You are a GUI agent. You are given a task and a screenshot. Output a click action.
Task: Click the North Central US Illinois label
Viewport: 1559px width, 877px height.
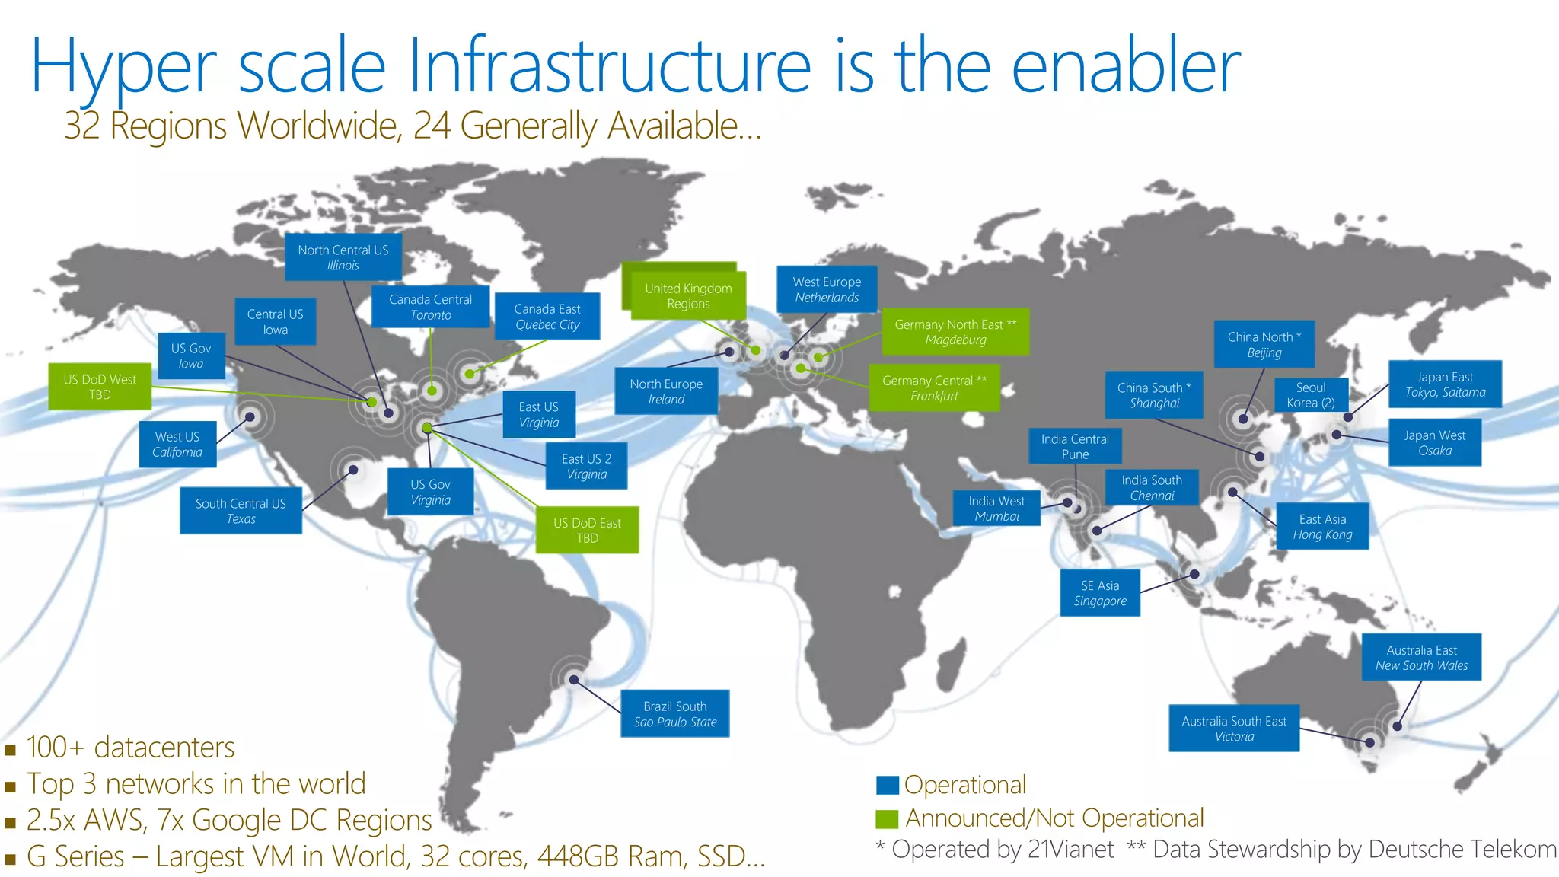[343, 257]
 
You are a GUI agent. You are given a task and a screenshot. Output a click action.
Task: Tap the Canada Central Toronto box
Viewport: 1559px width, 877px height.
[430, 307]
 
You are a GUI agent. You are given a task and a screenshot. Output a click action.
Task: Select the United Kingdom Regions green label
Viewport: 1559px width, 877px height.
[687, 295]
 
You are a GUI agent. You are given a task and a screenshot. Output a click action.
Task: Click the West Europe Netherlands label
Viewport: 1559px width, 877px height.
[827, 289]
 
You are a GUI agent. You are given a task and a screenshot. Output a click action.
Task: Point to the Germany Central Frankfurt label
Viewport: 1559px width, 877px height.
[934, 388]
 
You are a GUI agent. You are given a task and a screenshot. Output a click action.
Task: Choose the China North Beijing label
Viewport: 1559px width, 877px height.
[1264, 344]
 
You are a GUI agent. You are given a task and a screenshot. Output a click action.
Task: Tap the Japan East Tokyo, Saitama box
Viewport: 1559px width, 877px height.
[1445, 384]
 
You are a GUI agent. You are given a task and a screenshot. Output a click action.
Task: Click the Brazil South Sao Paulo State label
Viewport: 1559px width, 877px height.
[675, 713]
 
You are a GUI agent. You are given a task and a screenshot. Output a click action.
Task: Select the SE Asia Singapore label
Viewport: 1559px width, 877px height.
[1100, 592]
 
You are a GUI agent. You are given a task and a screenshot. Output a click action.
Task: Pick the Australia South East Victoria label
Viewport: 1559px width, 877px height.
[1234, 729]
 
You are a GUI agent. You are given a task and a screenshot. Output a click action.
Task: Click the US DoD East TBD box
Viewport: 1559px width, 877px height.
[587, 530]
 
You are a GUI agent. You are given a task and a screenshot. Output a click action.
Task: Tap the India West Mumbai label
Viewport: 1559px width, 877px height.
[996, 508]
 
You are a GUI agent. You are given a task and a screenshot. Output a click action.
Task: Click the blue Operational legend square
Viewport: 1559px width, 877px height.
[887, 785]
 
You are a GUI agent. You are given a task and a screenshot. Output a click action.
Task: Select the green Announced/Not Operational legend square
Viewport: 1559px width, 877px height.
[887, 818]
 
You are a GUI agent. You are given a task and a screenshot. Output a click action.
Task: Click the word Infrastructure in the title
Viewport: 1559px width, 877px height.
[610, 67]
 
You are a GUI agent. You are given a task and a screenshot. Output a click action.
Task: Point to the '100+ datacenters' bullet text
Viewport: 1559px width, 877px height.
[130, 748]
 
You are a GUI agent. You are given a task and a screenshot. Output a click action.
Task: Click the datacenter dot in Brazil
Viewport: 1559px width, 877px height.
[574, 680]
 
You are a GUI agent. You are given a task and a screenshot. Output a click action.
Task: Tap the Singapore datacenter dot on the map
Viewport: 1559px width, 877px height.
[1194, 574]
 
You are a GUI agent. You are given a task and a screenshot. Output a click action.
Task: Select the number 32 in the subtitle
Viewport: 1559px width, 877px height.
[81, 126]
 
